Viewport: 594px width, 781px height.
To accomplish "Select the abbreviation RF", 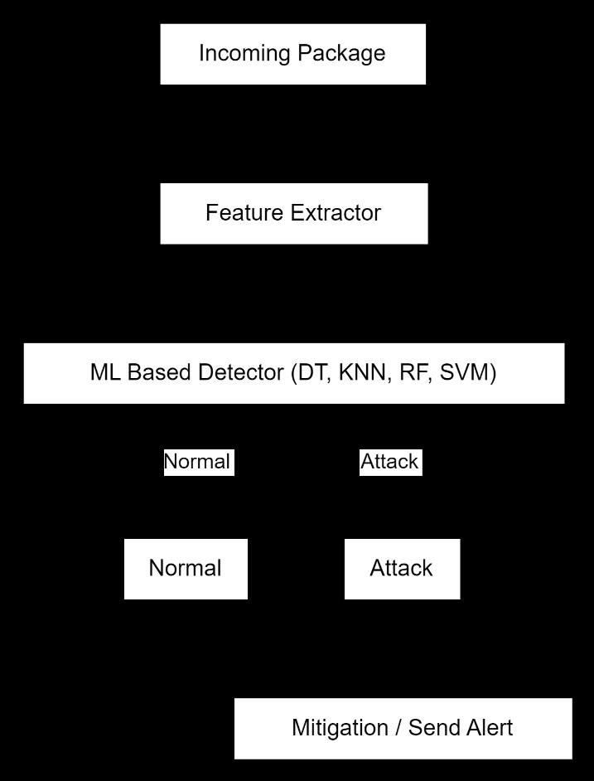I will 413,373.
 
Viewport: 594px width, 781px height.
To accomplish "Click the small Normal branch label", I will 197,462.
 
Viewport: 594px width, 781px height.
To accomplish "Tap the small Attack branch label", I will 389,462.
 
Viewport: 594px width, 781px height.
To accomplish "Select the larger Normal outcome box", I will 186,569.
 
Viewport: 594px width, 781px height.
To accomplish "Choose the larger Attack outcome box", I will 402,569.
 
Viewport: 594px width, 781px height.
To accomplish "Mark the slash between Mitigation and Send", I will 398,728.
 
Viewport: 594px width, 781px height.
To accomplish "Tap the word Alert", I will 490,728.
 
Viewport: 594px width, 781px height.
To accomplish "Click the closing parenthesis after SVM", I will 493,373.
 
